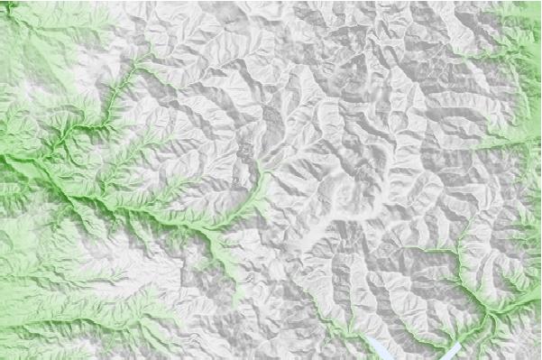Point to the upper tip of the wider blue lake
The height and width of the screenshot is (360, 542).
(370, 337)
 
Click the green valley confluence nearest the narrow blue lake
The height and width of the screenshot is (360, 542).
(488, 312)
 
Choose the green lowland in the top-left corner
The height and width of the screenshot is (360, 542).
(27, 36)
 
